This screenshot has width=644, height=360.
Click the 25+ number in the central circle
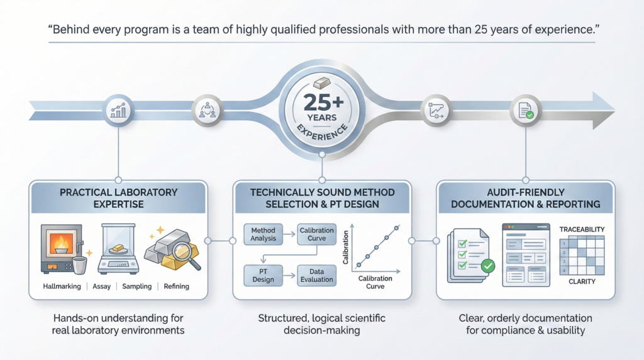point(321,101)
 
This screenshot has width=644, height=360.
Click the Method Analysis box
point(263,234)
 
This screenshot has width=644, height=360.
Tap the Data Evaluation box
point(316,275)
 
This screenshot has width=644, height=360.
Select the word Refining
point(176,287)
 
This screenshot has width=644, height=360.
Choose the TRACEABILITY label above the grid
point(582,230)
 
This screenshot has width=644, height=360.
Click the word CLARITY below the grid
point(582,281)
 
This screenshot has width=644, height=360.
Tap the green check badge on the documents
point(487,267)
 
